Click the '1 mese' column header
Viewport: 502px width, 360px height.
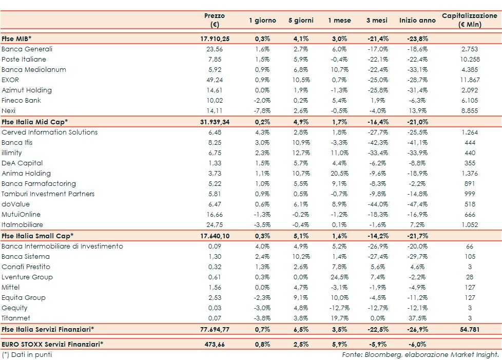click(339, 21)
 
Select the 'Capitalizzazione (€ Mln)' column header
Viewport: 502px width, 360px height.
click(470, 20)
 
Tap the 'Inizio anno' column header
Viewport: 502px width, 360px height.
click(417, 21)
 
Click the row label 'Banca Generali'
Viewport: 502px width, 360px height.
click(27, 49)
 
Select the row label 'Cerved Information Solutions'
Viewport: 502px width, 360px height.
click(49, 132)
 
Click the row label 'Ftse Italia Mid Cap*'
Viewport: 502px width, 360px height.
click(35, 122)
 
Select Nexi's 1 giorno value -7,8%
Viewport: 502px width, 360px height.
click(262, 111)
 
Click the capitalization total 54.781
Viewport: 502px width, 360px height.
click(470, 329)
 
